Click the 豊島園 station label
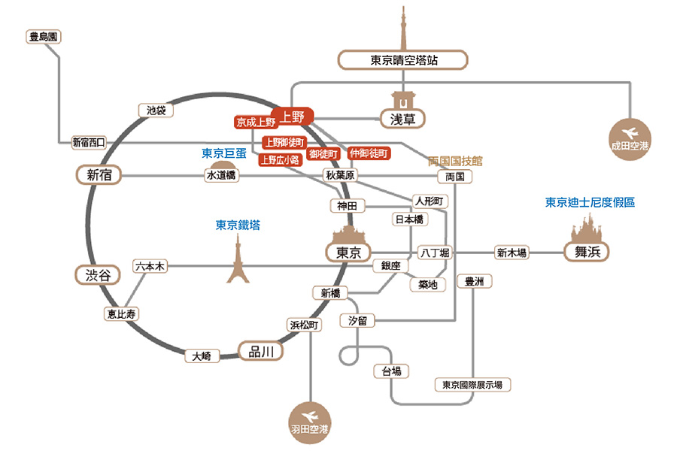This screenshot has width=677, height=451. coord(42,35)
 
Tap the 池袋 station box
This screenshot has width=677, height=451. coord(156,110)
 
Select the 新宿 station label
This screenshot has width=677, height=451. coord(99,175)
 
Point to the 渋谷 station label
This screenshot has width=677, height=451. coord(98,275)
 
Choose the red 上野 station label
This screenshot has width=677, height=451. coord(293,117)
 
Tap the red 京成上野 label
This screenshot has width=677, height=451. coord(256,122)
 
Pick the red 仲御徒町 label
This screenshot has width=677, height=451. coord(369,153)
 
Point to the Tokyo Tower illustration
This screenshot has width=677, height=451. coord(238,259)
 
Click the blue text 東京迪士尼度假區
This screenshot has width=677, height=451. coord(590,203)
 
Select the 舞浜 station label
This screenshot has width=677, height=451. coord(586,253)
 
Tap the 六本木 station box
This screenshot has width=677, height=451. coord(149,266)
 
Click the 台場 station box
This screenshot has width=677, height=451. coord(391,371)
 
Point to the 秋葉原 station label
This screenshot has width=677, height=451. coord(340,175)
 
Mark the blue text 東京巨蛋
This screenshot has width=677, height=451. coord(224,153)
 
